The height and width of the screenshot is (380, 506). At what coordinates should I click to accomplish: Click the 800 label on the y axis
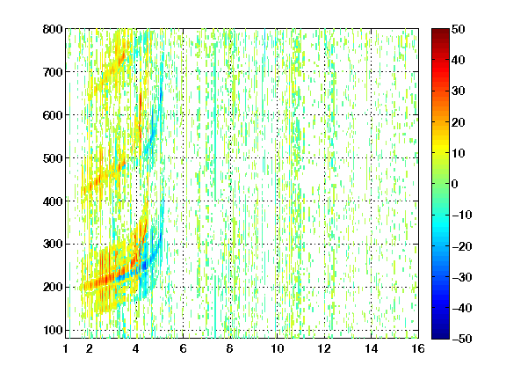point(53,29)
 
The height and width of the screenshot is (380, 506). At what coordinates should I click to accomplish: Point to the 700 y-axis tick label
point(53,72)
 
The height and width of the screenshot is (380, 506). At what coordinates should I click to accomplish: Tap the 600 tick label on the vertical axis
point(53,115)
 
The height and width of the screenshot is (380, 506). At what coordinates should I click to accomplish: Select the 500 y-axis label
point(53,158)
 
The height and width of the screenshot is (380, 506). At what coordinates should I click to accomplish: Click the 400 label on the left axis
point(53,201)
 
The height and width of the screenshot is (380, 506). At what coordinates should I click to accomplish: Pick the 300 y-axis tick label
point(53,244)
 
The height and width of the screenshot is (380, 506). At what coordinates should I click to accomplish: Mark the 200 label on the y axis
point(53,287)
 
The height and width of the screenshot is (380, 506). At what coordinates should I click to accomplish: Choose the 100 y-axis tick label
point(53,330)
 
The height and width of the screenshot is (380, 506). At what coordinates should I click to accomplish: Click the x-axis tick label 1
point(66,348)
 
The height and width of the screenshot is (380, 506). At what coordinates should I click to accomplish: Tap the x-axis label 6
point(183,348)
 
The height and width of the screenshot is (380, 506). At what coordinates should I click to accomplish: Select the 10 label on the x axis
point(278,348)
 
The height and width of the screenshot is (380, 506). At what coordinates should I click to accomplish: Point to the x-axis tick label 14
point(372,348)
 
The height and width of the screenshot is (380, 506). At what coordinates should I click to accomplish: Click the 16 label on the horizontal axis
point(418,348)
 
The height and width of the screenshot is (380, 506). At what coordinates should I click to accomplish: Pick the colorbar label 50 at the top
point(458,29)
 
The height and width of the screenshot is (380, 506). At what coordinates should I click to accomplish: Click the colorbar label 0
point(454,184)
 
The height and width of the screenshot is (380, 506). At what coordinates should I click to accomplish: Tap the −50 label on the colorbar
point(462,339)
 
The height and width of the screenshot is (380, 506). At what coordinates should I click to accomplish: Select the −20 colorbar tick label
point(462,246)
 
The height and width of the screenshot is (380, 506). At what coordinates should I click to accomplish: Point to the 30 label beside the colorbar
point(458,91)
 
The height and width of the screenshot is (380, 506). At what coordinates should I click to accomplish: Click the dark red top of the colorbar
point(440,32)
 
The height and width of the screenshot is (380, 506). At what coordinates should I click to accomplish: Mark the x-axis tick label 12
point(324,348)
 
